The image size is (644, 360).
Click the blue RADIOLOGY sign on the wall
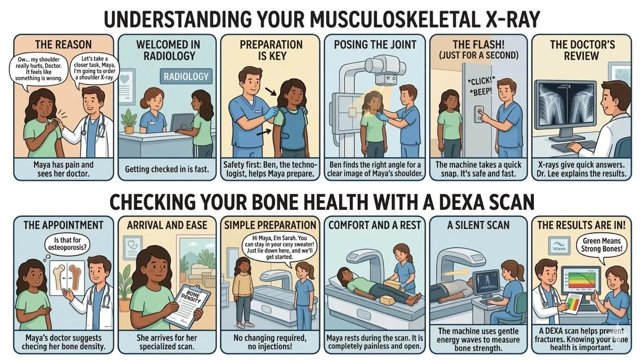click(186, 76)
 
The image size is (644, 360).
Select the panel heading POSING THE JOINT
click(375, 45)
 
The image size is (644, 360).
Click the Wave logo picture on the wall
click(559, 246)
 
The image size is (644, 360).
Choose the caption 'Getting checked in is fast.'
click(167, 169)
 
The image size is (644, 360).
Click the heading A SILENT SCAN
click(478, 225)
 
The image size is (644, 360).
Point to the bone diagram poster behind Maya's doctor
click(67, 278)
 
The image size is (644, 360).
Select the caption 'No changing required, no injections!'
click(270, 342)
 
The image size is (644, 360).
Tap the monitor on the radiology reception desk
click(182, 122)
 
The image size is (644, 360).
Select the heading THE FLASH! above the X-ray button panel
click(478, 45)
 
